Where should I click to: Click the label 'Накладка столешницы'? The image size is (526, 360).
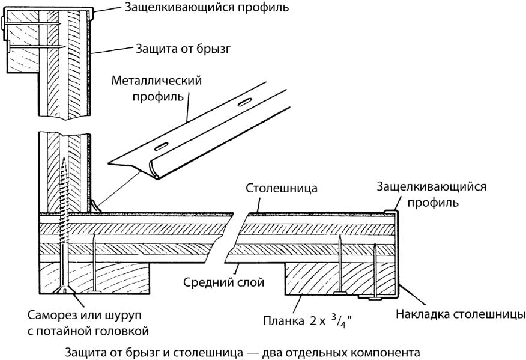[461, 314]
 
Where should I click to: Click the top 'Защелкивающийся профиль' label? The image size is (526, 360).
[207, 8]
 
